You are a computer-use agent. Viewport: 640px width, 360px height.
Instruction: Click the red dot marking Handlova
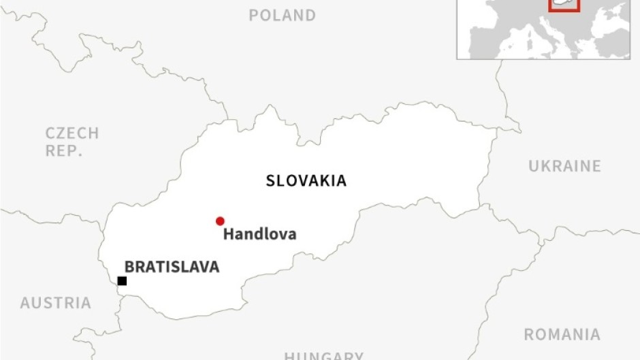[x=220, y=221]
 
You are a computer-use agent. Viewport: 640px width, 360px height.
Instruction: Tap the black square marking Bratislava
[x=122, y=281]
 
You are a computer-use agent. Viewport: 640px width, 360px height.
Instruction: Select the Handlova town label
[x=260, y=234]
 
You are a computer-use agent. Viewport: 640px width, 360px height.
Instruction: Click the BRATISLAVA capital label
[x=172, y=267]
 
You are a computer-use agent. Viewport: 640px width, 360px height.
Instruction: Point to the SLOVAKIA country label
[x=306, y=181]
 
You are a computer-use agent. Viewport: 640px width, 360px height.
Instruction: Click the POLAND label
[x=282, y=15]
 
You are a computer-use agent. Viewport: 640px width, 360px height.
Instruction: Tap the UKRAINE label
[x=564, y=166]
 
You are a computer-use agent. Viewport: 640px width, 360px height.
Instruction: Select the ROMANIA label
[x=562, y=335]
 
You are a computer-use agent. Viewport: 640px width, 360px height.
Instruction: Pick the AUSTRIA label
[x=55, y=303]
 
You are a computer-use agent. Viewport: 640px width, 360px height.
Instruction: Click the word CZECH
[x=72, y=133]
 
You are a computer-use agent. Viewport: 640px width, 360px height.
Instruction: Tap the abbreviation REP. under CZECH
[x=63, y=151]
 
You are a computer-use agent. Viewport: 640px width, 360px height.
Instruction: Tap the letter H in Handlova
[x=229, y=234]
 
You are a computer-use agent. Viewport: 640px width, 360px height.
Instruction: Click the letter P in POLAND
[x=253, y=15]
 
